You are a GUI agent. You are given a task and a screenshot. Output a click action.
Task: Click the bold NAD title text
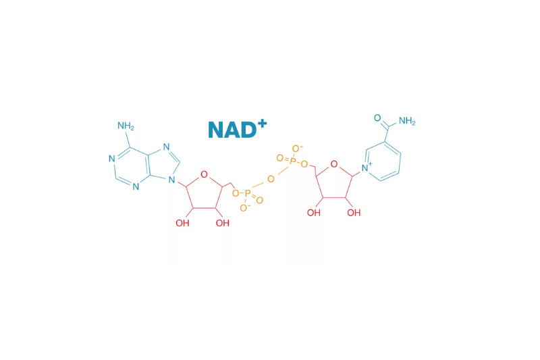coord(238,129)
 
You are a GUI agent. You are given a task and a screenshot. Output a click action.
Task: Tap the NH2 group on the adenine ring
coord(126,126)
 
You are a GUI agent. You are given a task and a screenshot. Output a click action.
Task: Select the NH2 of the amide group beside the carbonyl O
coord(407,121)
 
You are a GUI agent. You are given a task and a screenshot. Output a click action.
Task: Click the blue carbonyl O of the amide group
coord(377,118)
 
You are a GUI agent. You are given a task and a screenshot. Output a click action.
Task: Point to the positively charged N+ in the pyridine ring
coord(367,168)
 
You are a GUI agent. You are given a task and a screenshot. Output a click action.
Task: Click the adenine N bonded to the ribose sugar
coord(171,180)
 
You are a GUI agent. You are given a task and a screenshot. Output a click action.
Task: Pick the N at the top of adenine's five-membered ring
coord(166,147)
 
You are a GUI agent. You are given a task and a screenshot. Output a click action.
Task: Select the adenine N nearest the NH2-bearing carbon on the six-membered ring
coord(111,159)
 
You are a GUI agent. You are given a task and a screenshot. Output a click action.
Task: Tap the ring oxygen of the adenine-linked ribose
coord(205,174)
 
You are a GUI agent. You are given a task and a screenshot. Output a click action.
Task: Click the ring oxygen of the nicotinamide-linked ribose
coord(333,164)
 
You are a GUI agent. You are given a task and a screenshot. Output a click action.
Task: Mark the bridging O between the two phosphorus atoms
coord(271,179)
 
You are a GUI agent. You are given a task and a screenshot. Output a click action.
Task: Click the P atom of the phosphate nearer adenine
coord(247,194)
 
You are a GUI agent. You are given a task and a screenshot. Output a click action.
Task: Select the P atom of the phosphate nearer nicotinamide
coord(292,159)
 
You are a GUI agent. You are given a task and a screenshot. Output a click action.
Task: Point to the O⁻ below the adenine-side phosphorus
coord(244,207)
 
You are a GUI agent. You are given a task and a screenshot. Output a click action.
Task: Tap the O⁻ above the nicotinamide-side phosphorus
coord(297,149)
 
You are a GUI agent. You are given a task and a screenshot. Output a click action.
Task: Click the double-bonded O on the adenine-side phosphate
coord(260,200)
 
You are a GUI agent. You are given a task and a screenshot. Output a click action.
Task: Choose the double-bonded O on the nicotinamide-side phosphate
coord(280,158)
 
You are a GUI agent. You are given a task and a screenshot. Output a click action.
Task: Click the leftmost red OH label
coord(182,224)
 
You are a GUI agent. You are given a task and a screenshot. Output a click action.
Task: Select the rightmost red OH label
coord(354,213)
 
